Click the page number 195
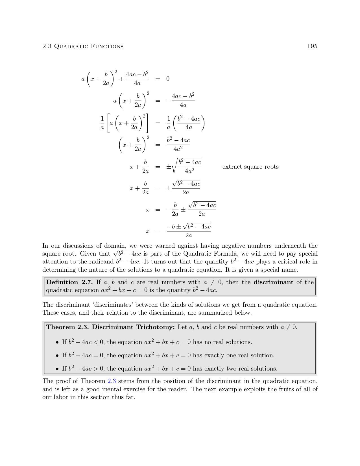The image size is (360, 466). point(312,46)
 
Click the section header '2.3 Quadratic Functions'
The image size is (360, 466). point(83,47)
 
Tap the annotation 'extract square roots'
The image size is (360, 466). point(250,167)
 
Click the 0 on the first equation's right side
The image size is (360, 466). point(168,79)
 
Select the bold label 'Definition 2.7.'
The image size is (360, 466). point(70,282)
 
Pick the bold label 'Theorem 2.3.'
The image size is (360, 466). point(67,327)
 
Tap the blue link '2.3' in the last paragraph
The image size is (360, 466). point(112,381)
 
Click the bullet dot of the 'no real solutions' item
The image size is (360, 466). point(57,342)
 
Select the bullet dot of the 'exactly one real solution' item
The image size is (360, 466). point(57,356)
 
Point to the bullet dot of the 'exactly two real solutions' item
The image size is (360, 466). point(57,369)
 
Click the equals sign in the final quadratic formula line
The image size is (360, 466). point(158,232)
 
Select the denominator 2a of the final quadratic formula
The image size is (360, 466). point(189,236)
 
